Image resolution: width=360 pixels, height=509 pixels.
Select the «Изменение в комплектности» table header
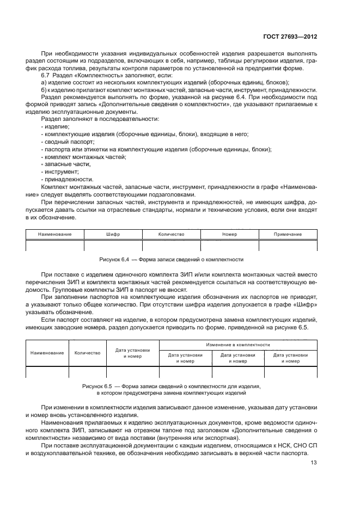pyautogui.click(x=237, y=345)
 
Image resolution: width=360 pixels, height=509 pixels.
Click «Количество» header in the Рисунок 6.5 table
pyautogui.click(x=87, y=353)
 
